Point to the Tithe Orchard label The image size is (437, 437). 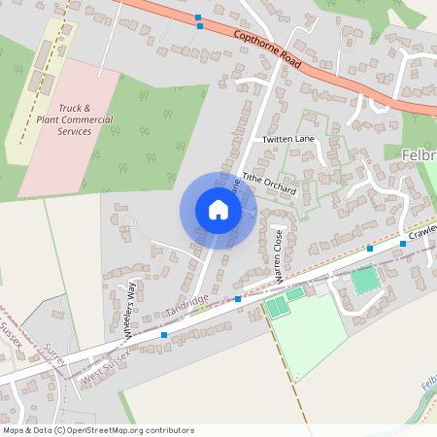point(269,185)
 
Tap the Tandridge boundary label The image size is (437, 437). point(186,306)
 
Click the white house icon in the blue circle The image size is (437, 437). point(218,210)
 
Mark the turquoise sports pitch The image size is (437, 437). point(364,281)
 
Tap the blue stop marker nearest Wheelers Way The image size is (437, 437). point(164,335)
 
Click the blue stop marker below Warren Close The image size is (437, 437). point(238,299)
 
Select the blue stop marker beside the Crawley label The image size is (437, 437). point(402,244)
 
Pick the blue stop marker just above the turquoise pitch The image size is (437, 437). point(370,249)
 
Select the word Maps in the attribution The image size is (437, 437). point(14,430)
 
